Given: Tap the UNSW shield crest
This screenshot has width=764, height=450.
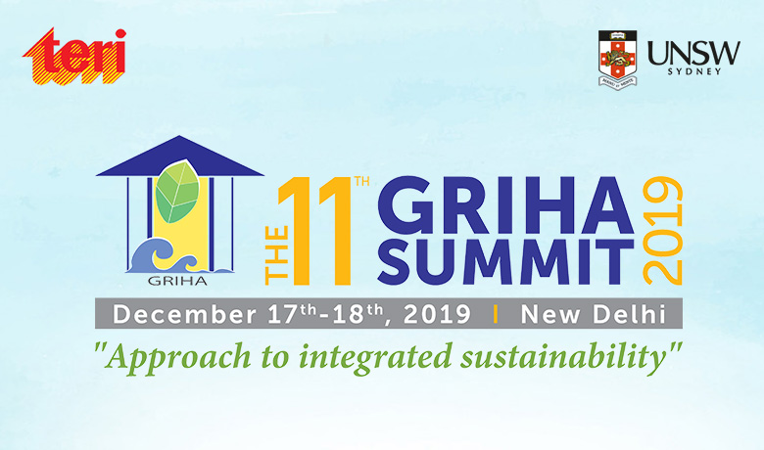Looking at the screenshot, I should pos(619,59).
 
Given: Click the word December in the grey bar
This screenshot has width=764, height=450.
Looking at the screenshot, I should pos(173,315).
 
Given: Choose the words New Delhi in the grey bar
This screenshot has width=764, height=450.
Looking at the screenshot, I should pos(593,315).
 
